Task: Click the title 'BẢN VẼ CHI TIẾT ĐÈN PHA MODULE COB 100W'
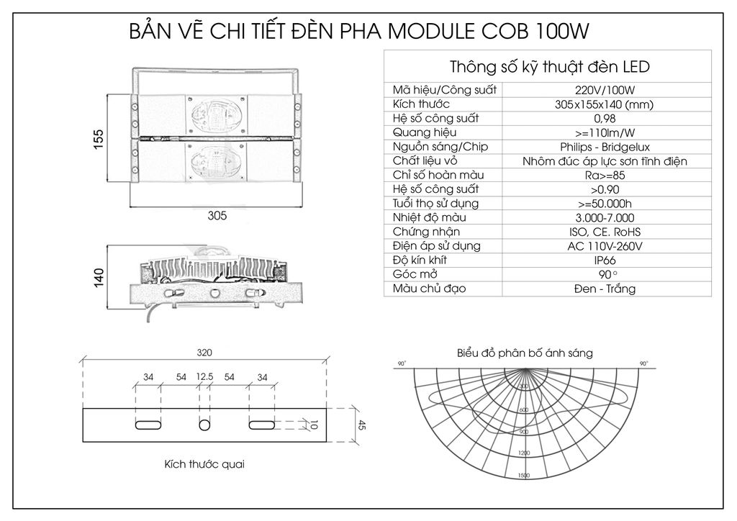point(358,32)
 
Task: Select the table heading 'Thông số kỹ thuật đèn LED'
point(549,67)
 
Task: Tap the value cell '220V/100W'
point(605,91)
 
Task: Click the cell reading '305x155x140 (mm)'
point(605,104)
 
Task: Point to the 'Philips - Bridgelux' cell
point(605,147)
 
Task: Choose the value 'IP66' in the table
point(605,260)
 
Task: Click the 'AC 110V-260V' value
point(605,246)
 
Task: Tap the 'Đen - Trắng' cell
point(605,289)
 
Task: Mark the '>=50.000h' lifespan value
point(605,204)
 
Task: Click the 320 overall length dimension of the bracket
point(206,353)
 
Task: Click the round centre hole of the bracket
point(205,425)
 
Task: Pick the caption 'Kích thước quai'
point(204,464)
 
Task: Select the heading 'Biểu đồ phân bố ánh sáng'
point(524,353)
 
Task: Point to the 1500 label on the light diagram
point(523,476)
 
